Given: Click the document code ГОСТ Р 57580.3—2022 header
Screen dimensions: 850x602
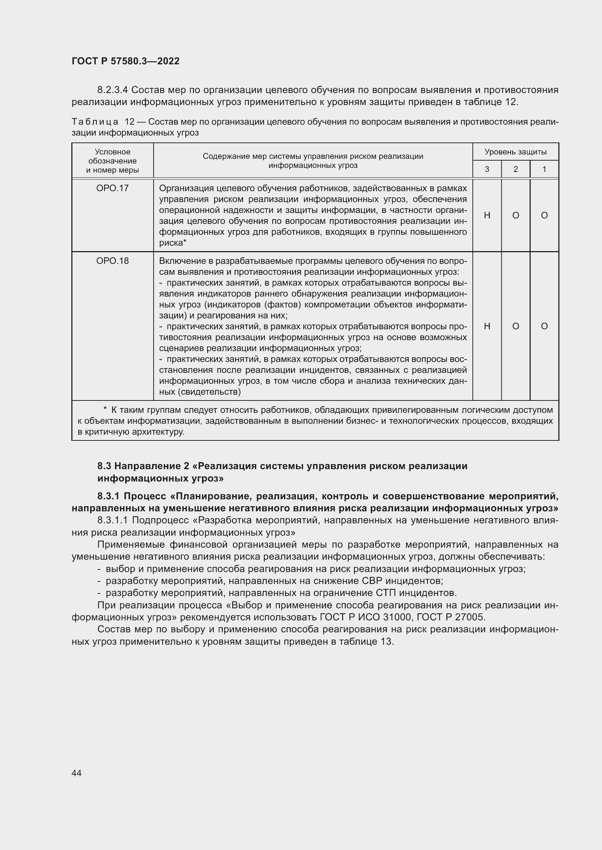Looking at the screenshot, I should click(x=125, y=61).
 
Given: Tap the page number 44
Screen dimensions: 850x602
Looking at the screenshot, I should click(x=76, y=773).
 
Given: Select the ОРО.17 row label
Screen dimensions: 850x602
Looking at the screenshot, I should click(x=112, y=188).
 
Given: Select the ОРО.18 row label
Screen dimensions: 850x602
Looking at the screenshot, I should click(x=112, y=261).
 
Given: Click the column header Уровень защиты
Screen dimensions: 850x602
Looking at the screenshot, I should click(x=515, y=152).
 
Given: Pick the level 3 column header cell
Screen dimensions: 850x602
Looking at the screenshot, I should click(x=487, y=169).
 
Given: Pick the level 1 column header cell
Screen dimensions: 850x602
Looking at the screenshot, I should click(x=544, y=169).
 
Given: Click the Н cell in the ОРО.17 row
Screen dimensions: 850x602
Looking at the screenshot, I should click(x=487, y=215).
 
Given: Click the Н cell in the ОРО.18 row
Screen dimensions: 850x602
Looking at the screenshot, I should click(x=487, y=326).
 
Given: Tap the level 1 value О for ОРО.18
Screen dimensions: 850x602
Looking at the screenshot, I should click(x=544, y=326).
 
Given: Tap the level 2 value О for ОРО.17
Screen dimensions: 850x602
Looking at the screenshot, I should click(x=515, y=215).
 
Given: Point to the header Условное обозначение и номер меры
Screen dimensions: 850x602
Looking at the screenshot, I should click(x=112, y=161).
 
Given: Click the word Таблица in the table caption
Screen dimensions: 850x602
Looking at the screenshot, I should click(x=95, y=122).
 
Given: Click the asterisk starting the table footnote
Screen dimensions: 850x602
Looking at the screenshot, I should click(x=105, y=410).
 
